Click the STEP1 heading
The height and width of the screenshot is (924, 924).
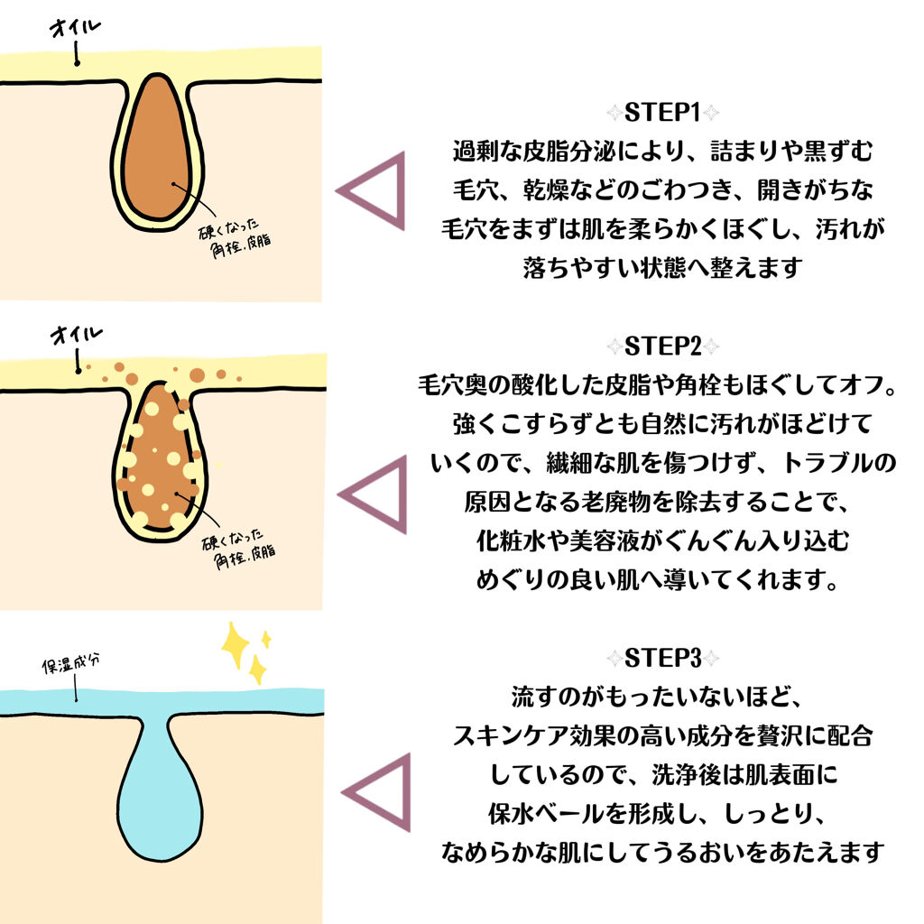(663, 114)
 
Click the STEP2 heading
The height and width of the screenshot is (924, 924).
(663, 347)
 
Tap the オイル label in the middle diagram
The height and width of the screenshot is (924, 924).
(75, 336)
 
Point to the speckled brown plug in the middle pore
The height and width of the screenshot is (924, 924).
(161, 456)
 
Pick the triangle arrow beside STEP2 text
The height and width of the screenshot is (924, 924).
(375, 494)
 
